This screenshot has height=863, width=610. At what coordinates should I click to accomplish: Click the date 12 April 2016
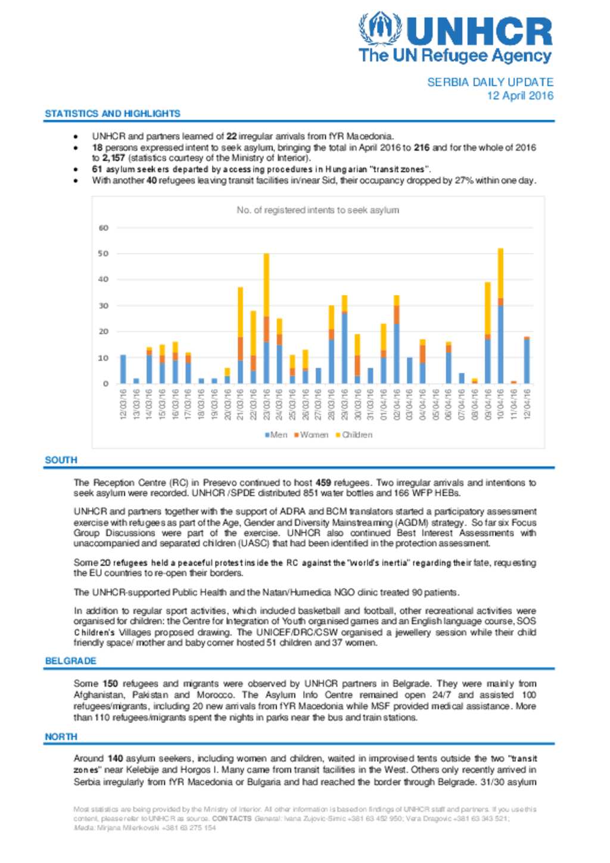(x=519, y=95)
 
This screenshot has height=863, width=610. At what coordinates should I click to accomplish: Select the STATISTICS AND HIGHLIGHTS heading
(x=113, y=113)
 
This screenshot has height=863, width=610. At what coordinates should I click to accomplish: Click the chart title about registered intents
(x=318, y=210)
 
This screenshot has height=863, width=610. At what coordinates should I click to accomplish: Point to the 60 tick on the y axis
(x=104, y=228)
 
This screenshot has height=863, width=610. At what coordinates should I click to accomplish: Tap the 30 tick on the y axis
(x=104, y=306)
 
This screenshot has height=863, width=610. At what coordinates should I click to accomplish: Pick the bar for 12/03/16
(x=123, y=369)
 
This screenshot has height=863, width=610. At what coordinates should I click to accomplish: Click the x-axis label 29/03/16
(x=344, y=404)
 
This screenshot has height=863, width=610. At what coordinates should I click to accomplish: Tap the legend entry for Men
(x=276, y=435)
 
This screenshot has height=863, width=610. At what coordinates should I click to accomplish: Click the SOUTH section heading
(x=61, y=460)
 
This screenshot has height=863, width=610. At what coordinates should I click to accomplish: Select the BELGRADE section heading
(x=70, y=661)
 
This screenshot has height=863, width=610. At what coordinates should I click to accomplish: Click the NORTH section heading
(x=61, y=736)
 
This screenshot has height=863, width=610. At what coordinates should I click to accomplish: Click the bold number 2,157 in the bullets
(x=113, y=158)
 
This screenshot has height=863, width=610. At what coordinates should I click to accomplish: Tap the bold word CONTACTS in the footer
(x=232, y=818)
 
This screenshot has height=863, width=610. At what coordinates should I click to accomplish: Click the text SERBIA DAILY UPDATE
(x=490, y=82)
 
